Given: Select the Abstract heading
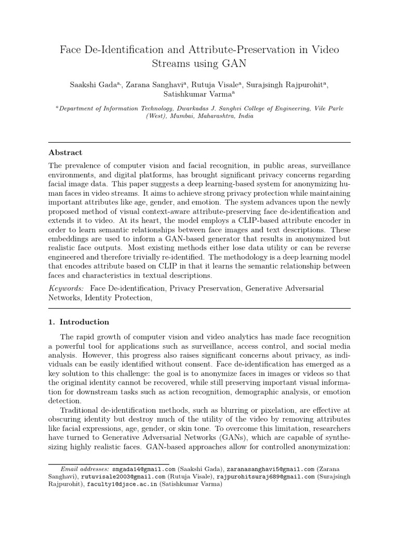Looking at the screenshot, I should [x=65, y=153].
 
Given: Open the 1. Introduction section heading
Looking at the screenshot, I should [x=78, y=322].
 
